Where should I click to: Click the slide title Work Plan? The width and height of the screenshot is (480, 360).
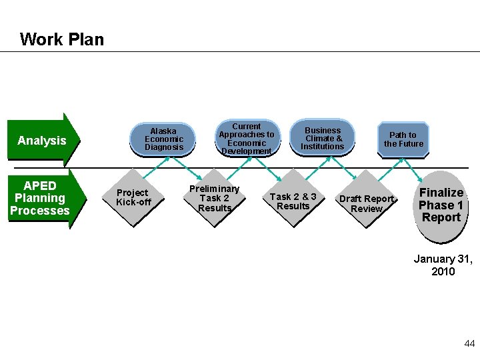62,39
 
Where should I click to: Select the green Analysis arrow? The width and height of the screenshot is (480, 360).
43,140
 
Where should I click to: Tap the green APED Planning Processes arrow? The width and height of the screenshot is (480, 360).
41,198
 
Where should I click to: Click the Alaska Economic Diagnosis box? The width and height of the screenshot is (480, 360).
163,139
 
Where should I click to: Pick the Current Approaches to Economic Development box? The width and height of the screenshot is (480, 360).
246,139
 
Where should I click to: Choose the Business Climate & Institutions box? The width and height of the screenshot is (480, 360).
322,139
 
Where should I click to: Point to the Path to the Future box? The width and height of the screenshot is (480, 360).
403,139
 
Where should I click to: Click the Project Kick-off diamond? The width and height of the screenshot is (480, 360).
133,197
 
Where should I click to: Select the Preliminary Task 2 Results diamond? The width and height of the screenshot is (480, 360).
214,198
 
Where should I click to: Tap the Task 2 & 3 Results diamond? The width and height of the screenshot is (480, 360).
293,201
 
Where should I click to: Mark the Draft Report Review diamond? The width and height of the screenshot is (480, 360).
367,203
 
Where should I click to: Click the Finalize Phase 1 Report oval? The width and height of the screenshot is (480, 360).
441,205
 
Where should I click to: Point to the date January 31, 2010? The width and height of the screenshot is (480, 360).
443,265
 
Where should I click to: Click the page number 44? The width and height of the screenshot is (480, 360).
469,343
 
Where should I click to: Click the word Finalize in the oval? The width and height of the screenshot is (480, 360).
441,193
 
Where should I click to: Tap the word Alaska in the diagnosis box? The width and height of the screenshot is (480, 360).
163,131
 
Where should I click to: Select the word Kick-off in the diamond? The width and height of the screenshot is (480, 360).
133,202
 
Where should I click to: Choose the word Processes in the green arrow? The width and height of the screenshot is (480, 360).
40,211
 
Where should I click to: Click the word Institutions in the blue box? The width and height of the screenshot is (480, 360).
322,147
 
